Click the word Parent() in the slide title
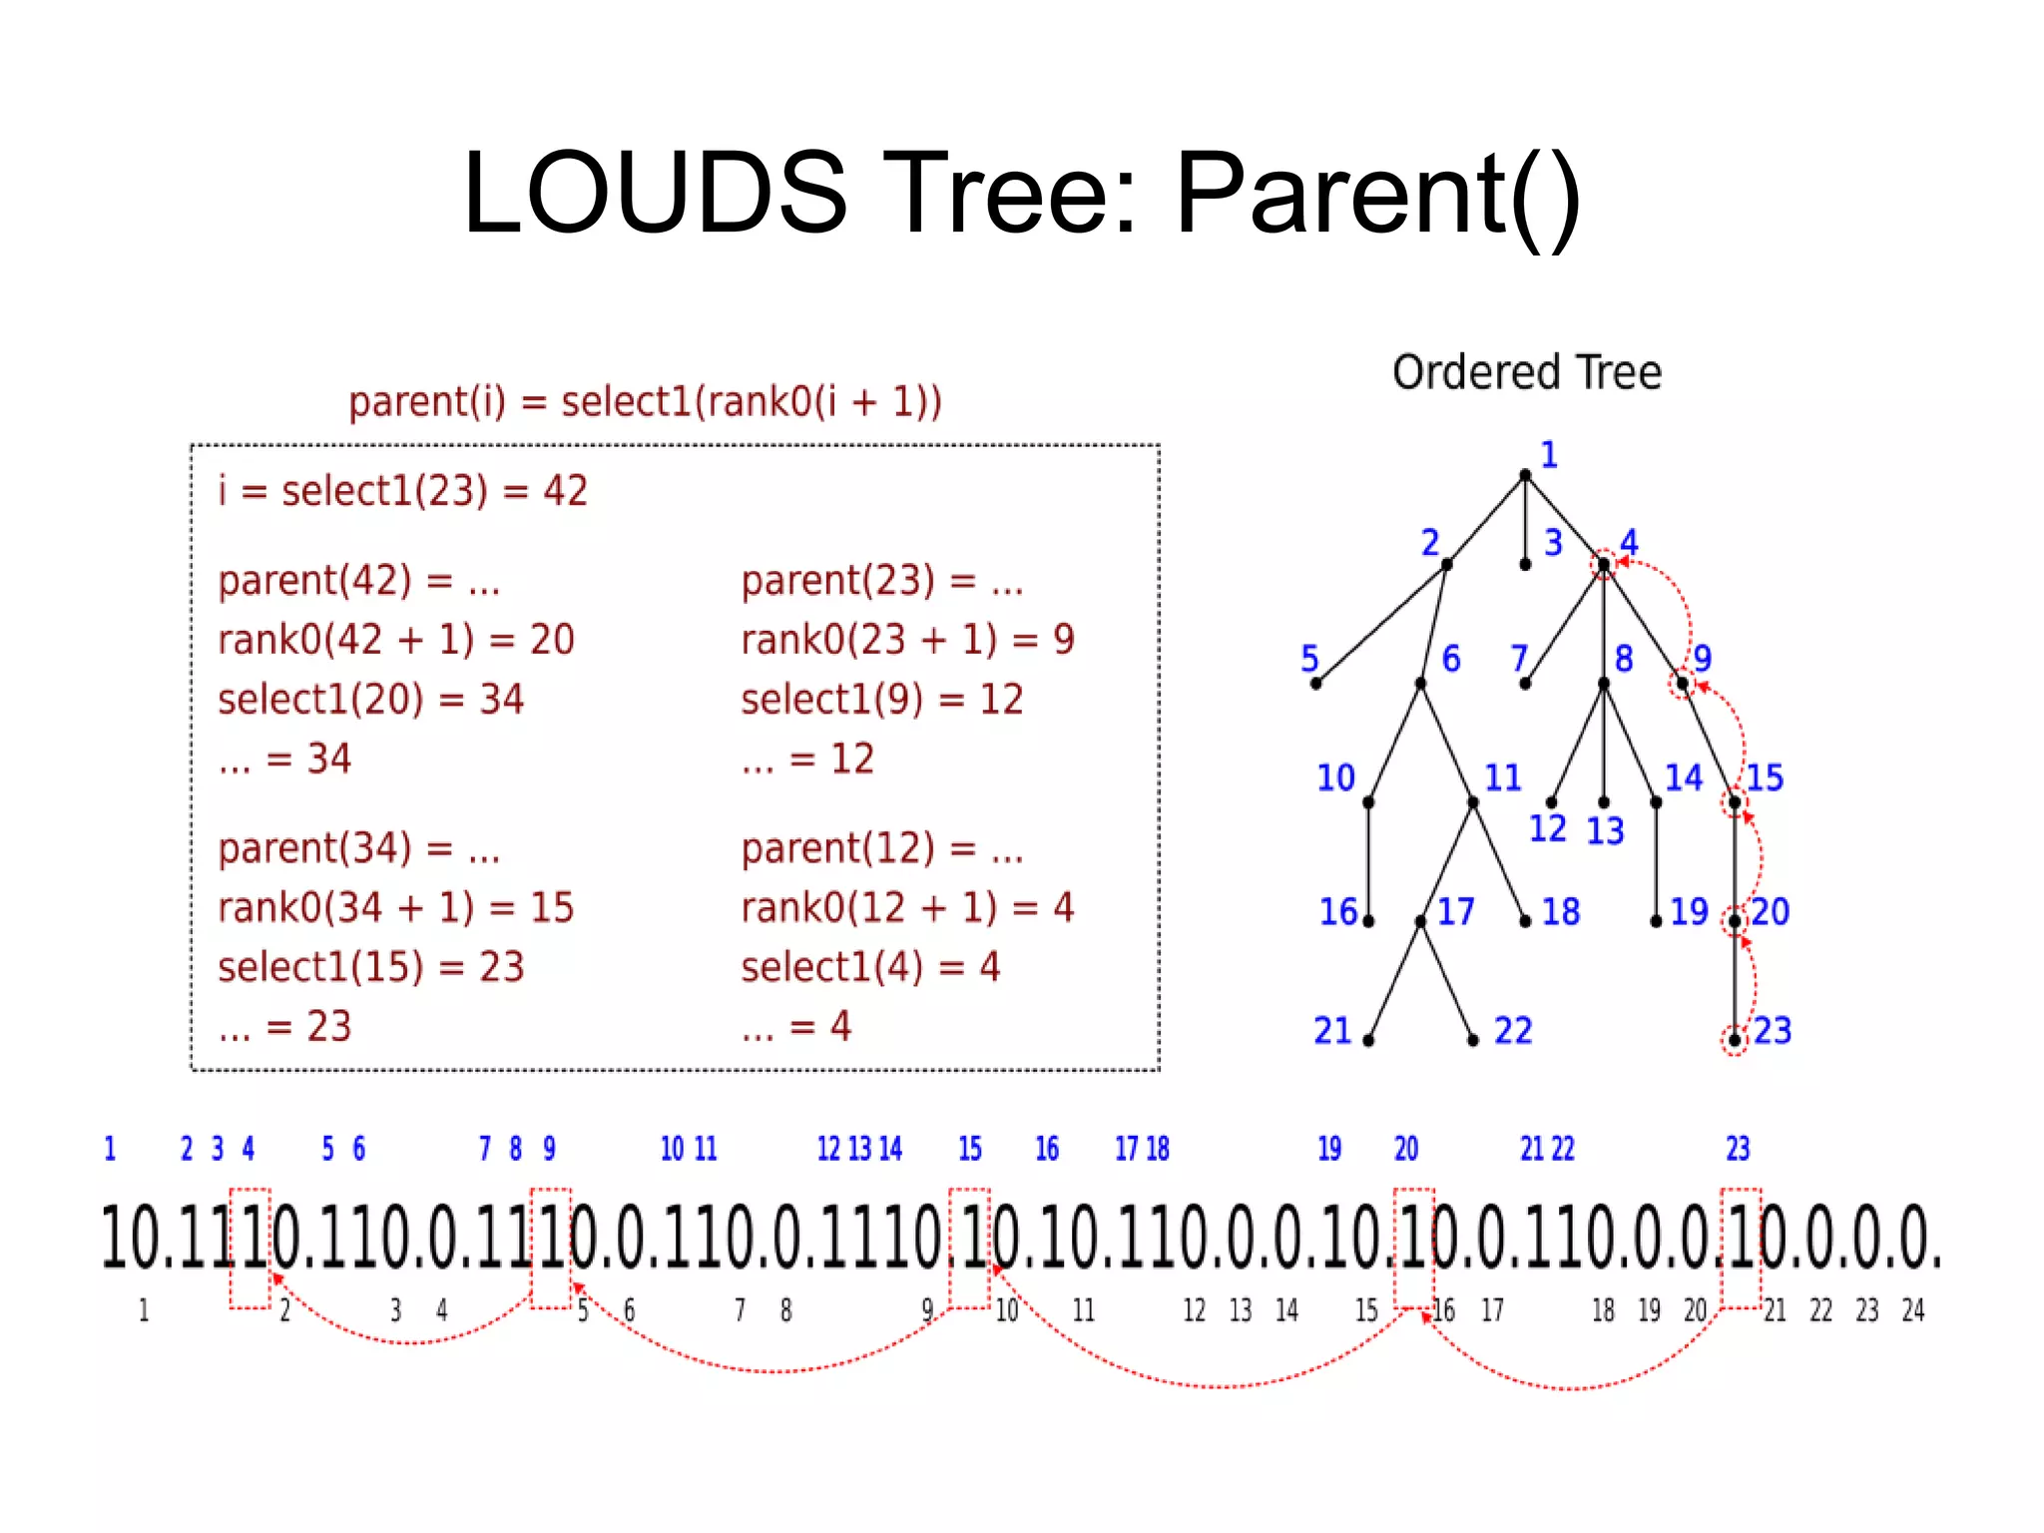pos(1377,194)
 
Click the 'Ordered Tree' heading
pos(1526,372)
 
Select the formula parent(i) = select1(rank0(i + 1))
pos(645,401)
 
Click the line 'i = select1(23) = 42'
pos(403,491)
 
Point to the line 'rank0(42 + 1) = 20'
pos(396,640)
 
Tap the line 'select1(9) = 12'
pos(881,700)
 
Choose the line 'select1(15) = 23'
pos(370,967)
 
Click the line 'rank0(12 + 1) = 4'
pos(906,907)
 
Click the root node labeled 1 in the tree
pos(1525,475)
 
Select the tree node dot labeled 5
pos(1315,684)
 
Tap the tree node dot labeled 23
pos(1735,1040)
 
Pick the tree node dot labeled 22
pos(1473,1041)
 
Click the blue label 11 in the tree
pos(1502,777)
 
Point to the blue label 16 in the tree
pos(1338,911)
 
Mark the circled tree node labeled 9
pos(1683,684)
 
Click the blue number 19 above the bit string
pos(1329,1149)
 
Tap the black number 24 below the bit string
pos(1912,1310)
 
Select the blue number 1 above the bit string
pos(110,1149)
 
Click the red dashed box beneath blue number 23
pos(1741,1248)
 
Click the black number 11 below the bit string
pos(1084,1310)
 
